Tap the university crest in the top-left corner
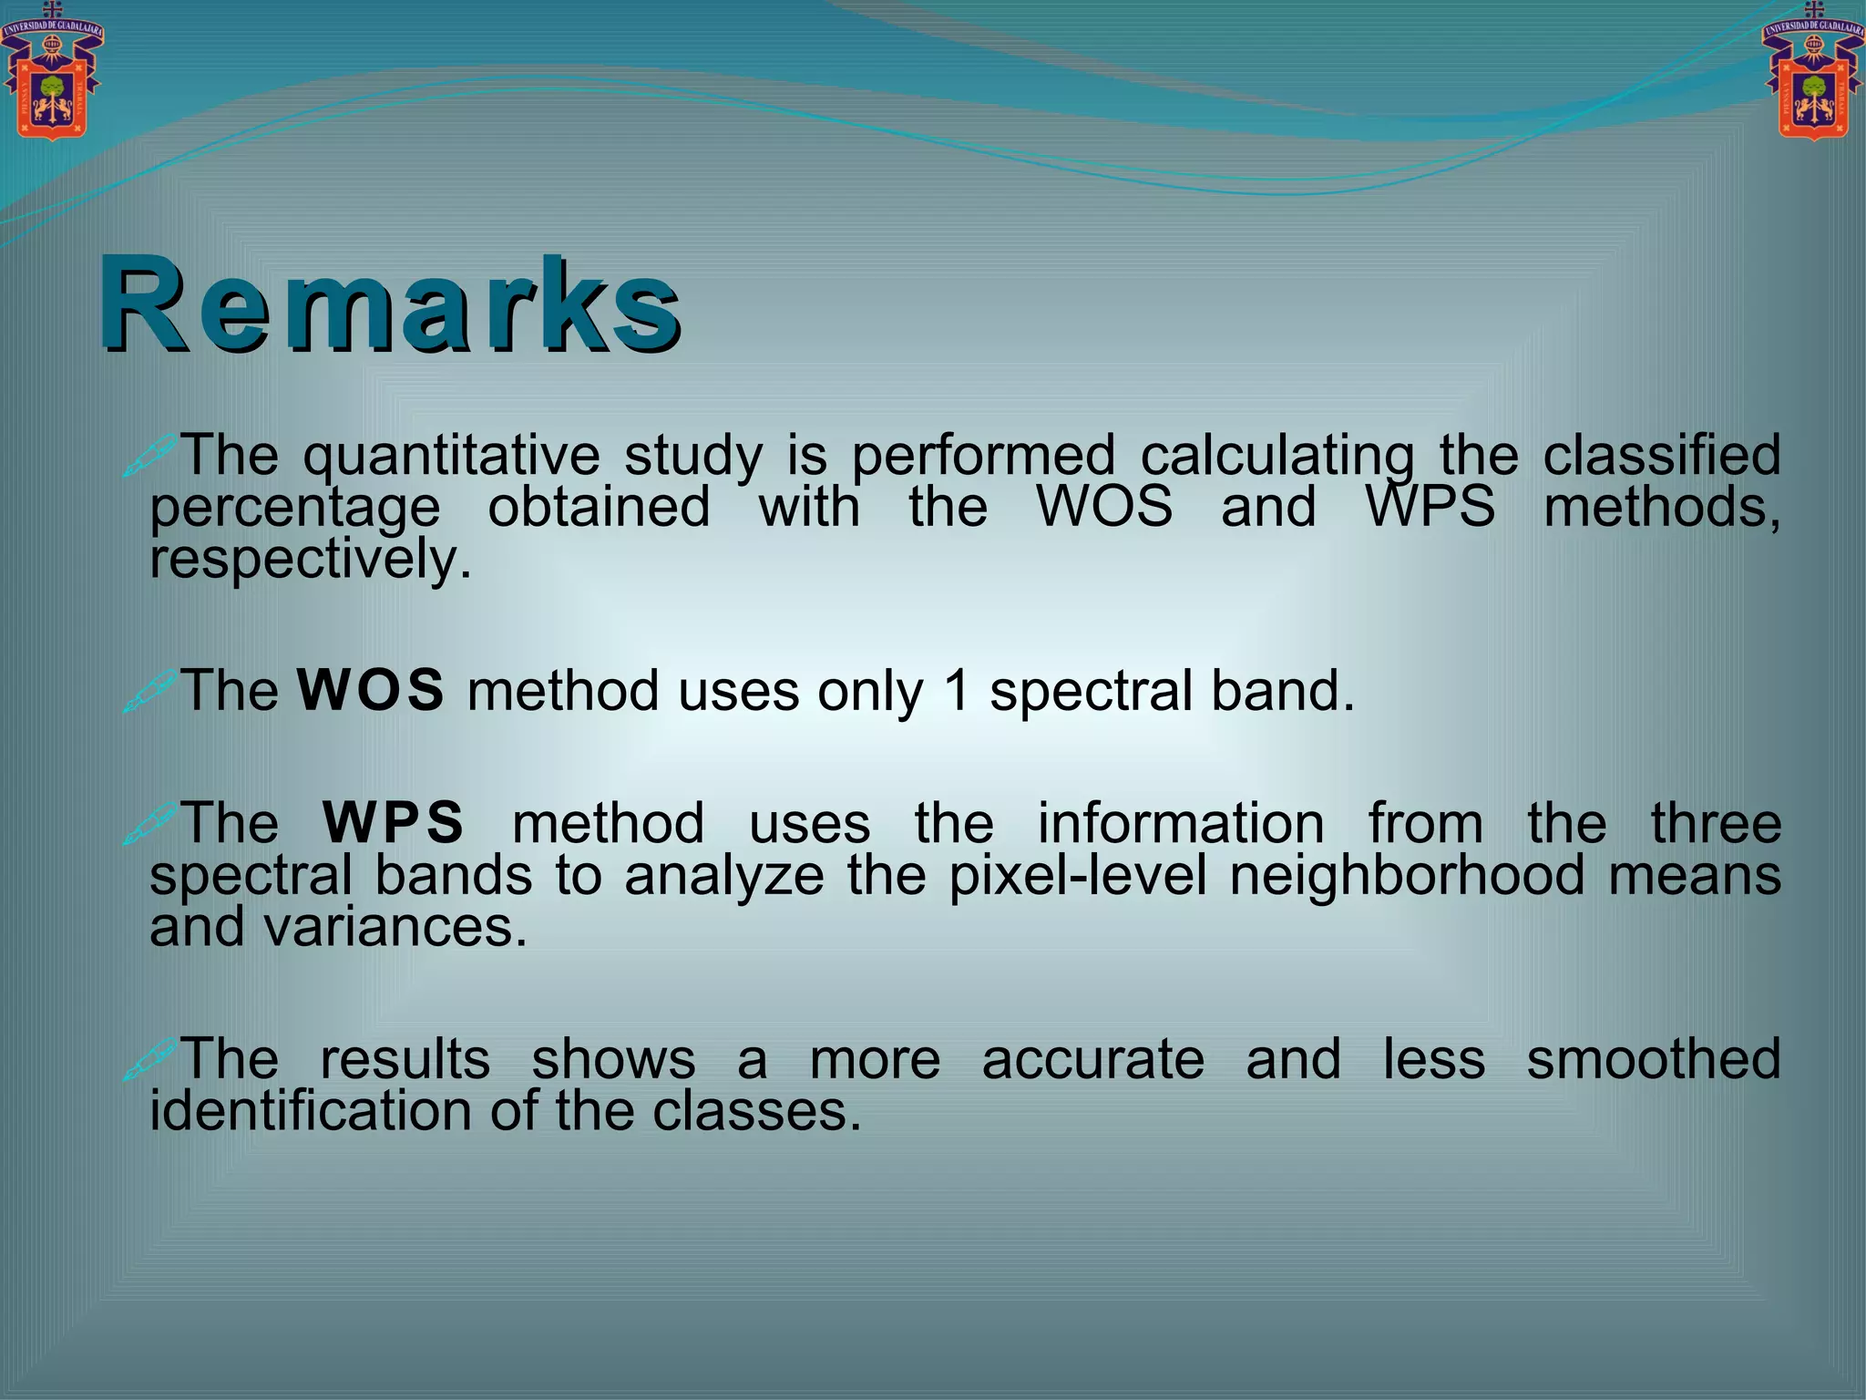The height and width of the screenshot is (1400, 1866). (x=52, y=74)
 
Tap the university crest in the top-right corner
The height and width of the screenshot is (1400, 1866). (x=1813, y=74)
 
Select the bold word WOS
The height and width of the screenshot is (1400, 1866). (x=371, y=690)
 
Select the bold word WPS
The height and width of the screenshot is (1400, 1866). (x=393, y=822)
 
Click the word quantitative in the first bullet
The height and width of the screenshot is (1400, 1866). (x=451, y=455)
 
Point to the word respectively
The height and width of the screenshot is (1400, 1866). (x=311, y=559)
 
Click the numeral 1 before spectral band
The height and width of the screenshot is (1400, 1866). (x=956, y=690)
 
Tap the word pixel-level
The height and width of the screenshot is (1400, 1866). (x=1078, y=875)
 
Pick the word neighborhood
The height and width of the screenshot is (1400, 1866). (x=1407, y=875)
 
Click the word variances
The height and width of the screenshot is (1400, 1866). (x=395, y=928)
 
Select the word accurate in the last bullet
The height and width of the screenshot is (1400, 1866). (x=1092, y=1059)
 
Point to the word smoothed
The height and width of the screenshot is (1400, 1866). (x=1653, y=1059)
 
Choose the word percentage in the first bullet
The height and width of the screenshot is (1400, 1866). (x=295, y=508)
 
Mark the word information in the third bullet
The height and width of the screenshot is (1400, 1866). (x=1181, y=822)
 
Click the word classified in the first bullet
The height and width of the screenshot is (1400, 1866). (x=1661, y=455)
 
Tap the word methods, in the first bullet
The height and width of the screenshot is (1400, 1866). (x=1662, y=507)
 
